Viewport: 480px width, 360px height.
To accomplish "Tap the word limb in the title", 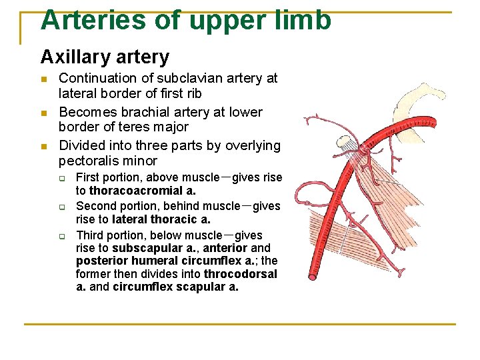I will (303, 20).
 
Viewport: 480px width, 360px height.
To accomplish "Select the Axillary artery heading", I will (105, 57).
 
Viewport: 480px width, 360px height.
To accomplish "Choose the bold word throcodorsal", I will (241, 274).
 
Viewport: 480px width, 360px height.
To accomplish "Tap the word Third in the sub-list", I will (91, 235).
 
